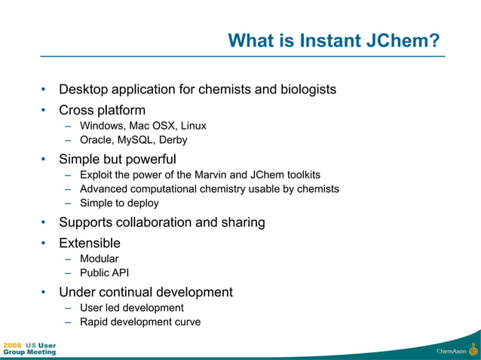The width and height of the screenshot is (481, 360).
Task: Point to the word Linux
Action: pyautogui.click(x=191, y=126)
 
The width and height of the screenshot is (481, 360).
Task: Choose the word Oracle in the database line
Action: pyautogui.click(x=96, y=140)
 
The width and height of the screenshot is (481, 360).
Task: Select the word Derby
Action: pyautogui.click(x=173, y=140)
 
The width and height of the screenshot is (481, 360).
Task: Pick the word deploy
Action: pyautogui.click(x=142, y=203)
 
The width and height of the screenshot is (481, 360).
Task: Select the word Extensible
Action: pyautogui.click(x=90, y=243)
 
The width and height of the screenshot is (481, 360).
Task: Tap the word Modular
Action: pyautogui.click(x=100, y=259)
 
